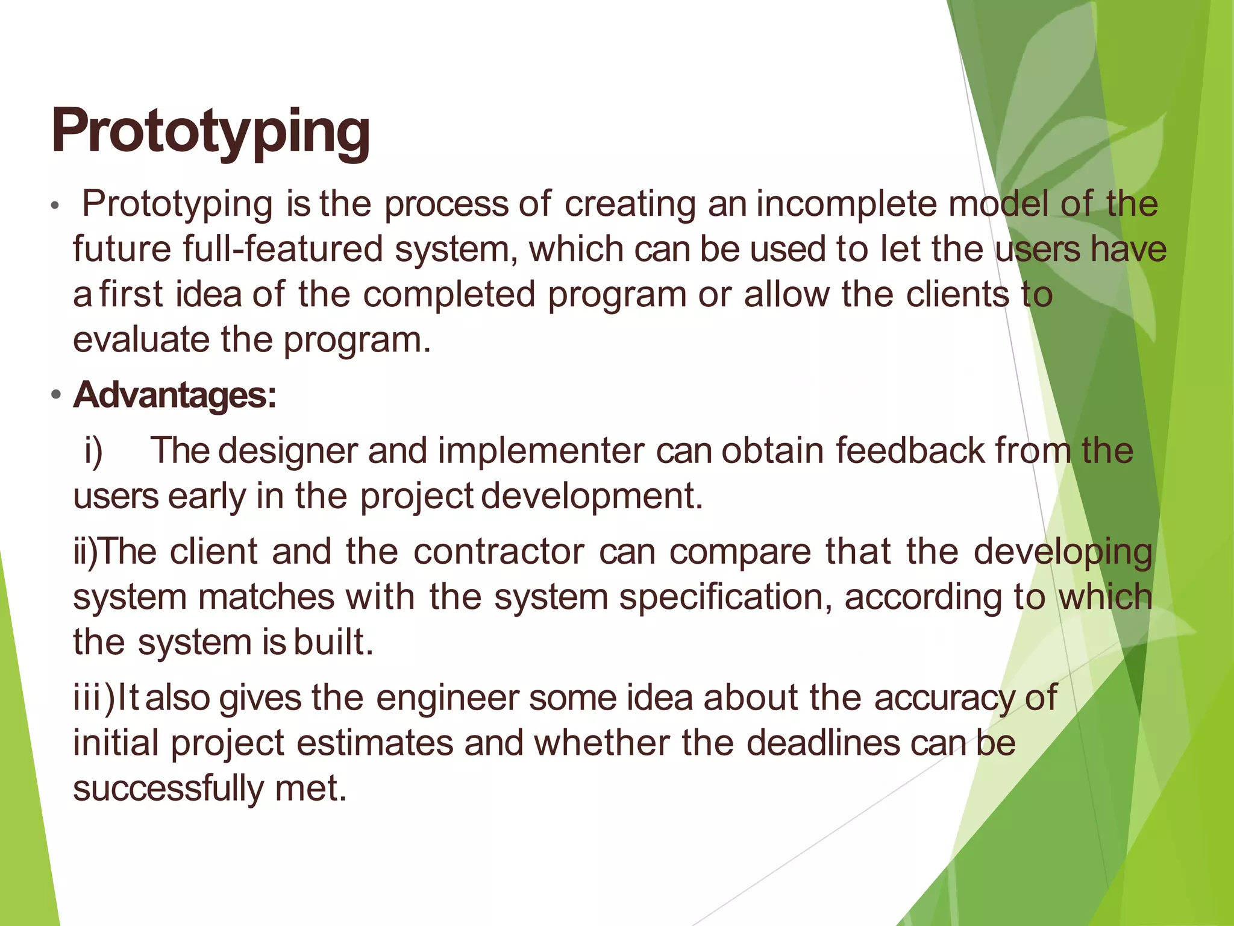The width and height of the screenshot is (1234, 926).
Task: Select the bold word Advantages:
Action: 174,395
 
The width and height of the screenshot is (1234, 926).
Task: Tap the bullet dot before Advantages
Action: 56,396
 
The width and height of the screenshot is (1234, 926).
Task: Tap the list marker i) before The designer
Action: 93,451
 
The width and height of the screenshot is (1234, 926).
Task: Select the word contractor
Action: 498,551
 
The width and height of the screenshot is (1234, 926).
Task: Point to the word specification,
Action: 725,597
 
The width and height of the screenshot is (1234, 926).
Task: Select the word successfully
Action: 168,788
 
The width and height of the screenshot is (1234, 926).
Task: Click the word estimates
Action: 374,743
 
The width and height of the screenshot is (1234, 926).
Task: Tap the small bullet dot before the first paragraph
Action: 55,206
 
